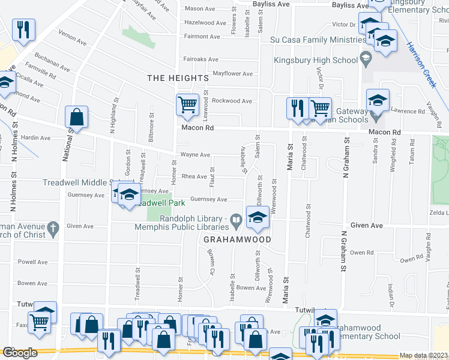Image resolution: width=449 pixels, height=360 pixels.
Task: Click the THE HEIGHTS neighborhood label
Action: tap(178, 78)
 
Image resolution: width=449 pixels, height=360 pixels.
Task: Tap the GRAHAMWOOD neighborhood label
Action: tap(237, 239)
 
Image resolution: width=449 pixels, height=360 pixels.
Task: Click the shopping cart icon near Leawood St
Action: tap(187, 106)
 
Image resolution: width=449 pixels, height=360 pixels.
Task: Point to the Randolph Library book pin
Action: tap(237, 222)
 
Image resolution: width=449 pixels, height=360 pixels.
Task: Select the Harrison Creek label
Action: tap(420, 65)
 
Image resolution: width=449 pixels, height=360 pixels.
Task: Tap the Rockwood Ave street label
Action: tap(232, 101)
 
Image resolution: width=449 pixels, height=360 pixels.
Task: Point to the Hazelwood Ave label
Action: tap(205, 23)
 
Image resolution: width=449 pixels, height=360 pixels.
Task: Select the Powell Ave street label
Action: tap(32, 262)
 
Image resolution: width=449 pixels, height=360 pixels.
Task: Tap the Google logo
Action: tap(20, 353)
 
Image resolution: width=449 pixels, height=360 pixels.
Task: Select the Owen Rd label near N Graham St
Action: tap(362, 253)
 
